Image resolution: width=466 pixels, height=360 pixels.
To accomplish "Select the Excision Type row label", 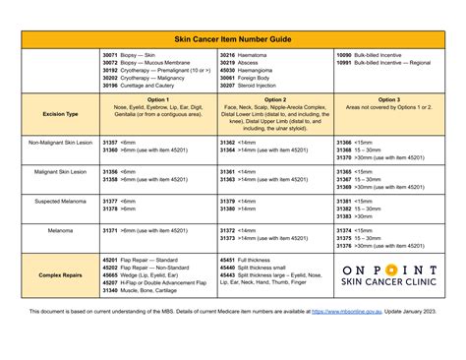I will [x=60, y=113].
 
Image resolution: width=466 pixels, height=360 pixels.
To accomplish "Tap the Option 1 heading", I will [x=158, y=99].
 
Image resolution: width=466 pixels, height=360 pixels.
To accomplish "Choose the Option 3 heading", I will [x=388, y=99].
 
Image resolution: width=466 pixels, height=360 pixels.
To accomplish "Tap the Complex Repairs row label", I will [x=60, y=274].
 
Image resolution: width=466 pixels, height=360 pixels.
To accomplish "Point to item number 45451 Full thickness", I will [x=227, y=259].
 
